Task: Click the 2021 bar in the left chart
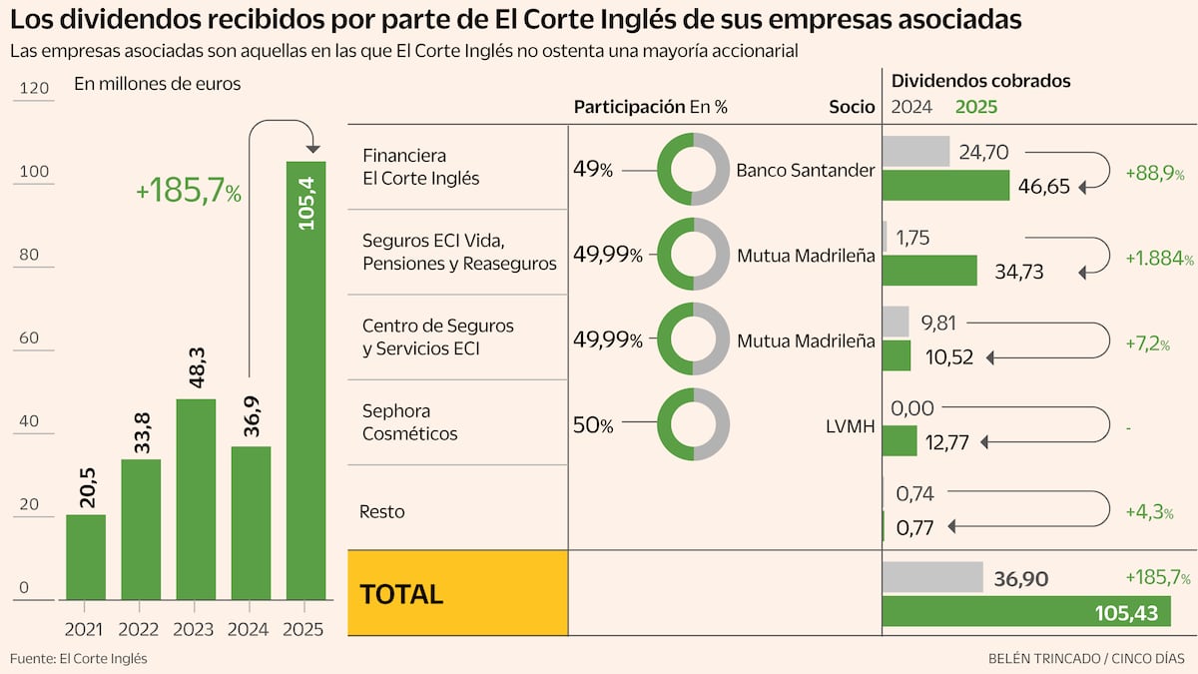(x=86, y=557)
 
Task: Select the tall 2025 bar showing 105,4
(x=305, y=380)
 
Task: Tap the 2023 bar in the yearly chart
(x=196, y=499)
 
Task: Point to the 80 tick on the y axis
(x=29, y=255)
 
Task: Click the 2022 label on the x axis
(x=138, y=630)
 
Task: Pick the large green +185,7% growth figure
(x=189, y=191)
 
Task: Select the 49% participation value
(x=593, y=169)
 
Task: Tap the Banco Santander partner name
(x=806, y=170)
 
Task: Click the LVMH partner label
(x=851, y=426)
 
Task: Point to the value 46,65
(x=1044, y=186)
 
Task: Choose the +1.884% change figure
(x=1159, y=259)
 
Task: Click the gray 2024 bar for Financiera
(x=915, y=151)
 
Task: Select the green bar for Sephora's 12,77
(x=899, y=440)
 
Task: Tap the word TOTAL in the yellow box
(x=401, y=594)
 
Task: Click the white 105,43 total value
(x=1126, y=613)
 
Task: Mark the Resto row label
(x=381, y=512)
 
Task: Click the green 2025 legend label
(x=976, y=107)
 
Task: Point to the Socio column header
(x=852, y=107)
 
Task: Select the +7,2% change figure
(x=1148, y=343)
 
